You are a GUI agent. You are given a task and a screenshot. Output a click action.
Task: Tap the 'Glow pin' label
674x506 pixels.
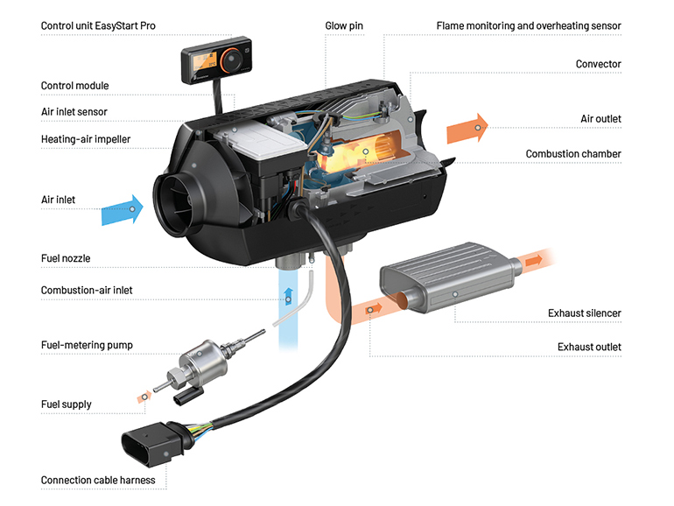[x=343, y=26]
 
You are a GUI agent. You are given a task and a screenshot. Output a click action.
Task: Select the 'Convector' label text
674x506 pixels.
[x=598, y=64]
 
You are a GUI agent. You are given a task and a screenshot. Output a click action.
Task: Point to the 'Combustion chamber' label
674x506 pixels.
[x=573, y=154]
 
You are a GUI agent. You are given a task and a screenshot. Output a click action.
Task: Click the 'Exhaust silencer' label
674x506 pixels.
[x=584, y=313]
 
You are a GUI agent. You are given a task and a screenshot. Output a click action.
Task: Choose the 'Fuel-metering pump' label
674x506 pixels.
[x=87, y=345]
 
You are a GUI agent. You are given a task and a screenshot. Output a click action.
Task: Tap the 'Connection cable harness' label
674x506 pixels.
[x=98, y=480]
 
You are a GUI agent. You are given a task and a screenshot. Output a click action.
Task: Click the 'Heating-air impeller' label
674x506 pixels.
[x=92, y=139]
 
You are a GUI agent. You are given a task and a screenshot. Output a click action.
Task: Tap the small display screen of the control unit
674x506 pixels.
[x=199, y=63]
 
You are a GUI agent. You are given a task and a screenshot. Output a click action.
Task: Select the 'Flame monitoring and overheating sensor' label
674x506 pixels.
[x=529, y=26]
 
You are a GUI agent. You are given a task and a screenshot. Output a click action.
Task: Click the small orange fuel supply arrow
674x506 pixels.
[x=144, y=397]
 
